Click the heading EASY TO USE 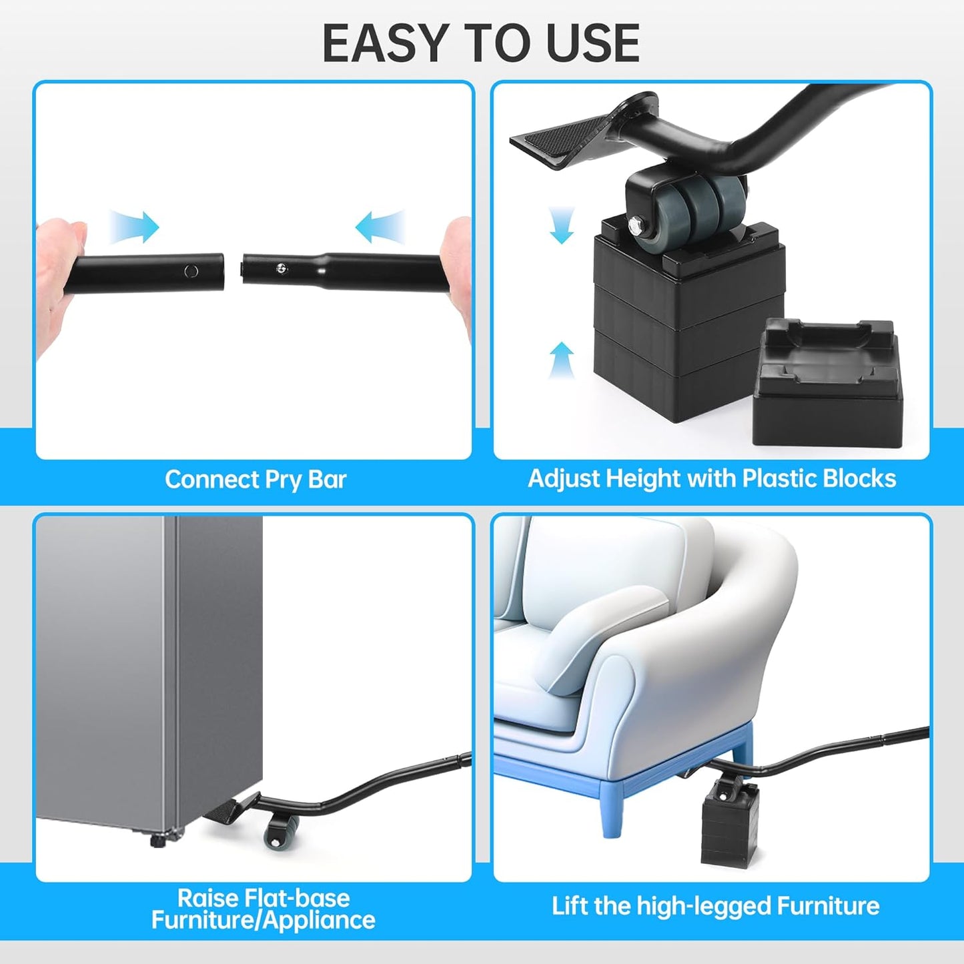tap(481, 43)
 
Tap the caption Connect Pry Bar tap(256, 480)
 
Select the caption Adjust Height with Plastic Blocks tap(712, 479)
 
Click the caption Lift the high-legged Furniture tap(715, 906)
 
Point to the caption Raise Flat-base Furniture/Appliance tap(263, 909)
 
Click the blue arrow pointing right tap(135, 227)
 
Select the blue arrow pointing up tap(562, 360)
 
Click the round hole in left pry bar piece tap(191, 271)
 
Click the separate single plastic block tap(827, 384)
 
